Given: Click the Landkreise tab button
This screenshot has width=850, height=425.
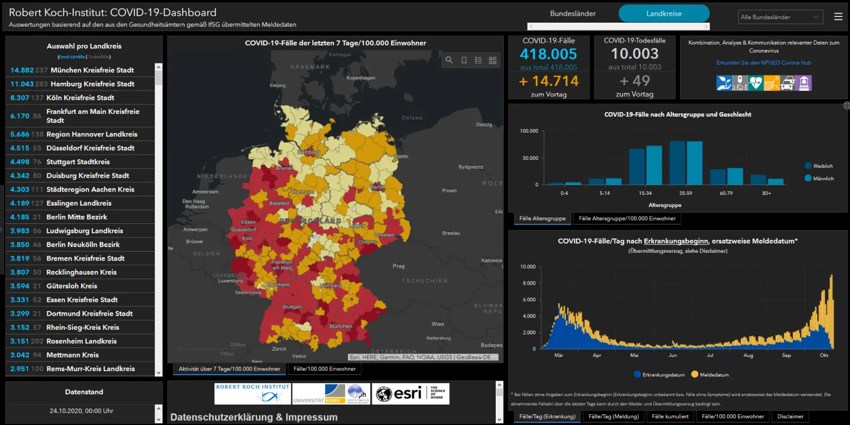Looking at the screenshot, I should (x=664, y=14).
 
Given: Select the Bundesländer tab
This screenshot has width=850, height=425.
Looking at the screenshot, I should (x=573, y=14).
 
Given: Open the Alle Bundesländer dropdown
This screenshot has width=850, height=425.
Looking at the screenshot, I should (x=781, y=17).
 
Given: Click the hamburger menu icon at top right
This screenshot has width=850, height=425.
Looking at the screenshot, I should (x=838, y=17).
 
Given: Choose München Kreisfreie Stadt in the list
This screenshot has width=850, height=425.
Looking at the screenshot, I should (x=92, y=70).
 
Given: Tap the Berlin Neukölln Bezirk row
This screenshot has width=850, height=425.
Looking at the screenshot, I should (x=83, y=245).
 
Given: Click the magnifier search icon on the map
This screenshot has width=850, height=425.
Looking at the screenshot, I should (x=449, y=60).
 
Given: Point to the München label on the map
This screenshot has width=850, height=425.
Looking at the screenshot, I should (x=341, y=326).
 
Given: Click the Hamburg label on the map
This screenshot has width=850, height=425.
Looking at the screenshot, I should (x=309, y=152).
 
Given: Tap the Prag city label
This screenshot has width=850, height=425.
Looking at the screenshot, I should (x=398, y=266).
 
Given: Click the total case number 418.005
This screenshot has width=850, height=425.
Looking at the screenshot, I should (x=548, y=54).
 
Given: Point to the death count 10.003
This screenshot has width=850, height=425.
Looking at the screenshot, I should (x=634, y=54).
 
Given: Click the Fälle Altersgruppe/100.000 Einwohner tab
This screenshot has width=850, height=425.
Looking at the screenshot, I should (x=627, y=219).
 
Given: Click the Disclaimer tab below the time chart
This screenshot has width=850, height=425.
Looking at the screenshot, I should (x=790, y=416).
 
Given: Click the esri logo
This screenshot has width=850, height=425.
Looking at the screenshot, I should (x=411, y=394).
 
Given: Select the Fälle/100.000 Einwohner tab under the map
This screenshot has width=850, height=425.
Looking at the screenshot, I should (x=325, y=369).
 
